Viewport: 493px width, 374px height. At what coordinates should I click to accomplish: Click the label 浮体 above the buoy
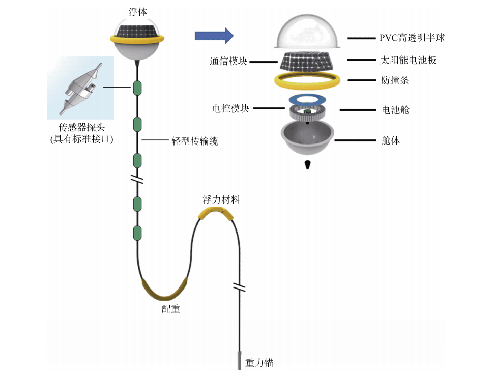coord(137,12)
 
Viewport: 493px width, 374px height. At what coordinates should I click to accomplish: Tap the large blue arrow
coord(214,36)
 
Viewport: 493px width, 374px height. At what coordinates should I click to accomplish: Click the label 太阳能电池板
coord(408,60)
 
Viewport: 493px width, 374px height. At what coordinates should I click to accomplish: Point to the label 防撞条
coord(395,80)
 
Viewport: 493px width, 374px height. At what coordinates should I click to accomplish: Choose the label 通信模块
coord(228,61)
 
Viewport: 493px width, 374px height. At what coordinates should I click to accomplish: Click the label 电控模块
coord(230,108)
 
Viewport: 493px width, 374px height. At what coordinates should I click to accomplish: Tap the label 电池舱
coord(395,109)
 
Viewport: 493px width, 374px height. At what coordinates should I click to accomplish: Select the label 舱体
coord(390,140)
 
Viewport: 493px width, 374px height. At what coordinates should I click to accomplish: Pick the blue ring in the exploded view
coord(308,99)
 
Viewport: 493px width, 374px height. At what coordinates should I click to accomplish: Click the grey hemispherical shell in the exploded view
coord(308,140)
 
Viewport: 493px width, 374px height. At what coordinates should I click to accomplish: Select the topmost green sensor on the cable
coord(137,88)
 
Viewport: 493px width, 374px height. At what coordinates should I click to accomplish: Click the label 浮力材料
coord(221,199)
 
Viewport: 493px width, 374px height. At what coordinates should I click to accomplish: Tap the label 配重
coord(171,309)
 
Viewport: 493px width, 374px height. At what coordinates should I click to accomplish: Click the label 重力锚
coord(259,363)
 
